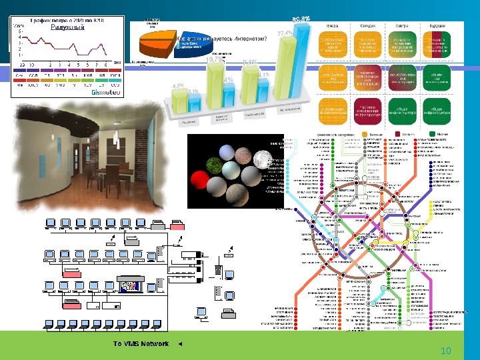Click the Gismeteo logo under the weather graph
pyautogui.click(x=106, y=93)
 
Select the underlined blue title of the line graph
pyautogui.click(x=67, y=29)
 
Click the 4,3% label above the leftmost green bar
pyautogui.click(x=178, y=85)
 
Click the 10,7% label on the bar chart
pyautogui.click(x=214, y=59)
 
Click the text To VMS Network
pyautogui.click(x=141, y=344)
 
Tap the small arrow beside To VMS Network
pyautogui.click(x=180, y=344)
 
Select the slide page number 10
pyautogui.click(x=447, y=351)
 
